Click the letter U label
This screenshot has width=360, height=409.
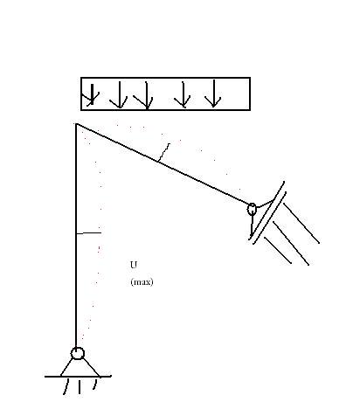[x=134, y=265]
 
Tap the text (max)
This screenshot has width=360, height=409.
[x=142, y=282]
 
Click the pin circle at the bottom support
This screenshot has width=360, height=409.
[x=78, y=353]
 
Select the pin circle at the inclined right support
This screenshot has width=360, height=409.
[x=252, y=209]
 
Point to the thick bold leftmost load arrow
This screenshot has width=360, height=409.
[x=92, y=94]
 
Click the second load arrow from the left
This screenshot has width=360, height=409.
[x=120, y=95]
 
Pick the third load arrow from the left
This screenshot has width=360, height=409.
[x=147, y=95]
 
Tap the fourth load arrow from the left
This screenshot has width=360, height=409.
[x=183, y=95]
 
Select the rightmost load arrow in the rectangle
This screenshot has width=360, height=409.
[x=214, y=94]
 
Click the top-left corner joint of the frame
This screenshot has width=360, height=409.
[x=76, y=124]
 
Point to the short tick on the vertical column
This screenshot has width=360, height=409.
[x=88, y=233]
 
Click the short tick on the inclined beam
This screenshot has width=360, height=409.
[x=163, y=152]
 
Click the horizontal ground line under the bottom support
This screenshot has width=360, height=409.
[x=78, y=377]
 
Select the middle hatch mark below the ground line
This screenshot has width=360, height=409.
[x=80, y=387]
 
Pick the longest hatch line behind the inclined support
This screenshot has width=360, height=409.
[x=301, y=223]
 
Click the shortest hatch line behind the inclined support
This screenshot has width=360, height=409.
[x=278, y=250]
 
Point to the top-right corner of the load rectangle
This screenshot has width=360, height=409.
[x=250, y=78]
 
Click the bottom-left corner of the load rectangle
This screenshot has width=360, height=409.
[x=81, y=110]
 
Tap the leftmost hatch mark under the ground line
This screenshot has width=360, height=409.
[x=66, y=387]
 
